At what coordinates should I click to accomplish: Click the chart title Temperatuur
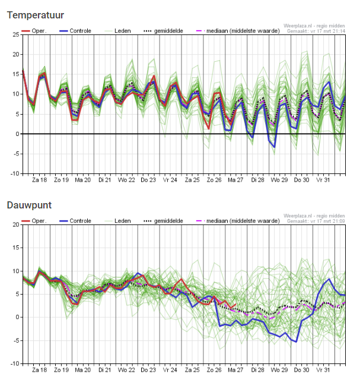[36, 15]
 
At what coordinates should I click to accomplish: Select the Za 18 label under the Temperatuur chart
[40, 179]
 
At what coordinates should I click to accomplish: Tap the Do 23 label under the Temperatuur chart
[149, 179]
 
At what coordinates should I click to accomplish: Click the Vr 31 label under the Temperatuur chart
[323, 179]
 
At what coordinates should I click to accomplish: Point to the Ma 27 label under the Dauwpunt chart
[236, 369]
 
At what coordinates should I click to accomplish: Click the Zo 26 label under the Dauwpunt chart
[214, 369]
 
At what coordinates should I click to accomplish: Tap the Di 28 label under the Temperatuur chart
[257, 179]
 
